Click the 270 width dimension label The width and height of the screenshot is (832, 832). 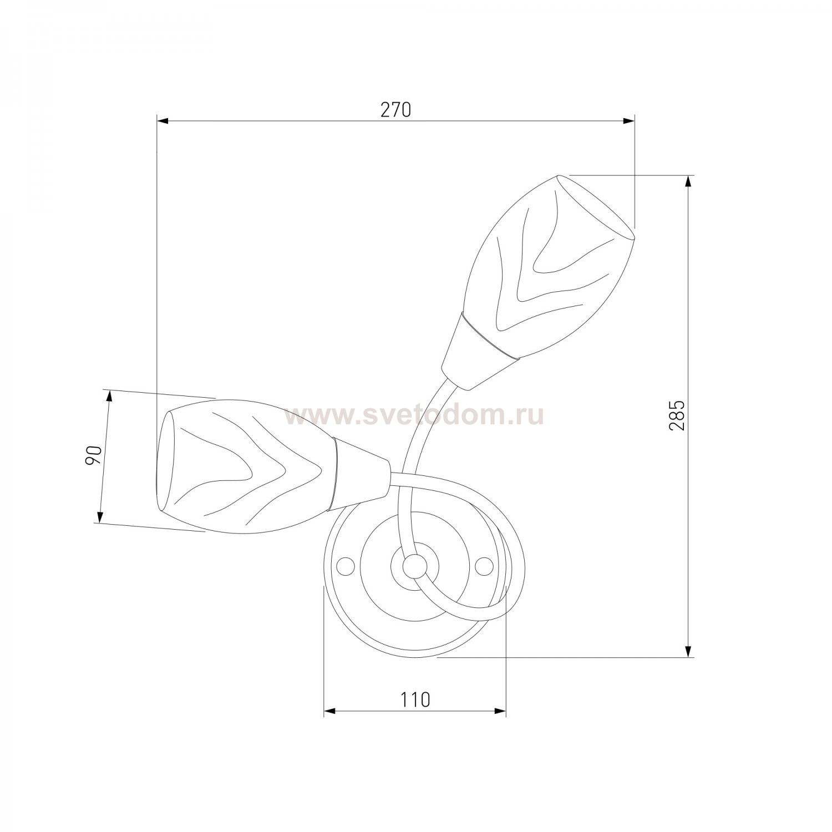(x=395, y=110)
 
